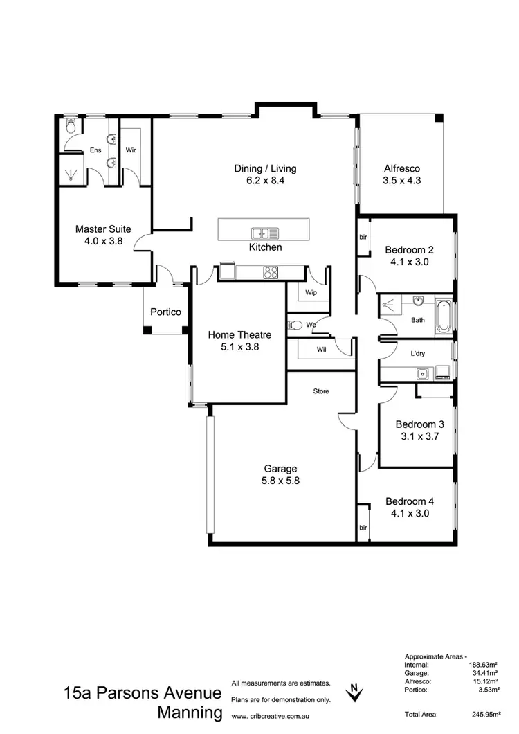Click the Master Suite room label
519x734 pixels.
pyautogui.click(x=103, y=235)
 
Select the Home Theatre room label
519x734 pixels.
pyautogui.click(x=239, y=341)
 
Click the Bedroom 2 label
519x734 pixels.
pyautogui.click(x=410, y=256)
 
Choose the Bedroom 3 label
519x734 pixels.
pyautogui.click(x=419, y=430)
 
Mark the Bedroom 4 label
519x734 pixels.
pyautogui.click(x=410, y=507)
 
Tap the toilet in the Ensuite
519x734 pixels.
pyautogui.click(x=70, y=128)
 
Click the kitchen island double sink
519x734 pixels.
pyautogui.click(x=265, y=233)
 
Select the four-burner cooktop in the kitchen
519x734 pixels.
pyautogui.click(x=271, y=273)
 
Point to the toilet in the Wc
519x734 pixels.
pyautogui.click(x=296, y=324)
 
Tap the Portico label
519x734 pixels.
pyautogui.click(x=165, y=312)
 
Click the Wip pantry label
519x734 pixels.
pyautogui.click(x=311, y=292)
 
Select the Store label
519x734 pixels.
pyautogui.click(x=321, y=391)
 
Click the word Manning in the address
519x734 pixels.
pyautogui.click(x=190, y=713)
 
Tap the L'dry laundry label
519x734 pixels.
pyautogui.click(x=418, y=354)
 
